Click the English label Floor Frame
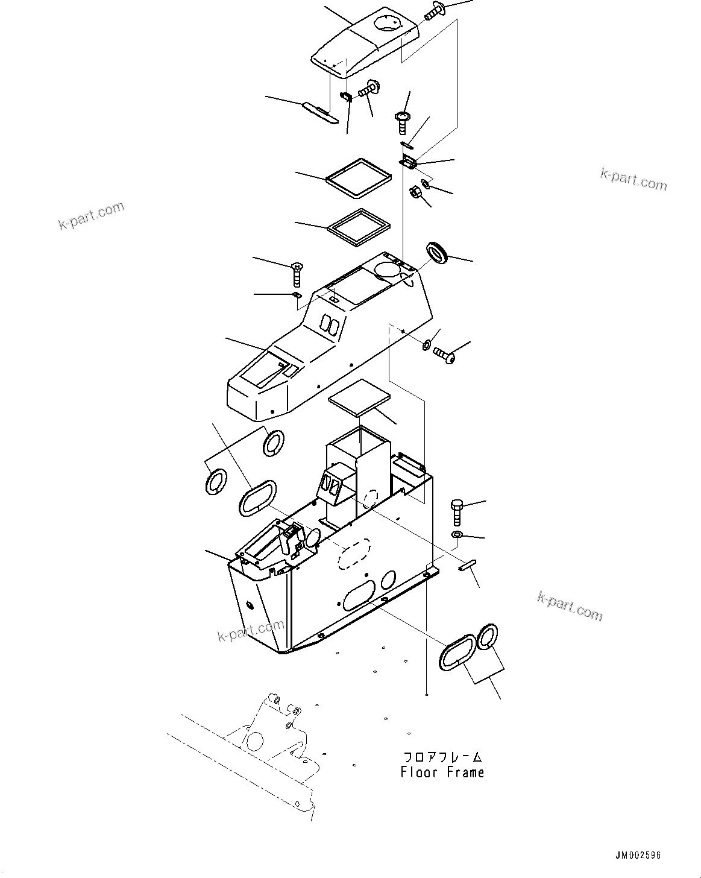tap(442, 772)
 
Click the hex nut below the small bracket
tap(415, 193)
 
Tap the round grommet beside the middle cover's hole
tap(438, 251)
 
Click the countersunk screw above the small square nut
tap(297, 274)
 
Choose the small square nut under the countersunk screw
tap(296, 294)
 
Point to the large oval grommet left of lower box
tap(257, 498)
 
